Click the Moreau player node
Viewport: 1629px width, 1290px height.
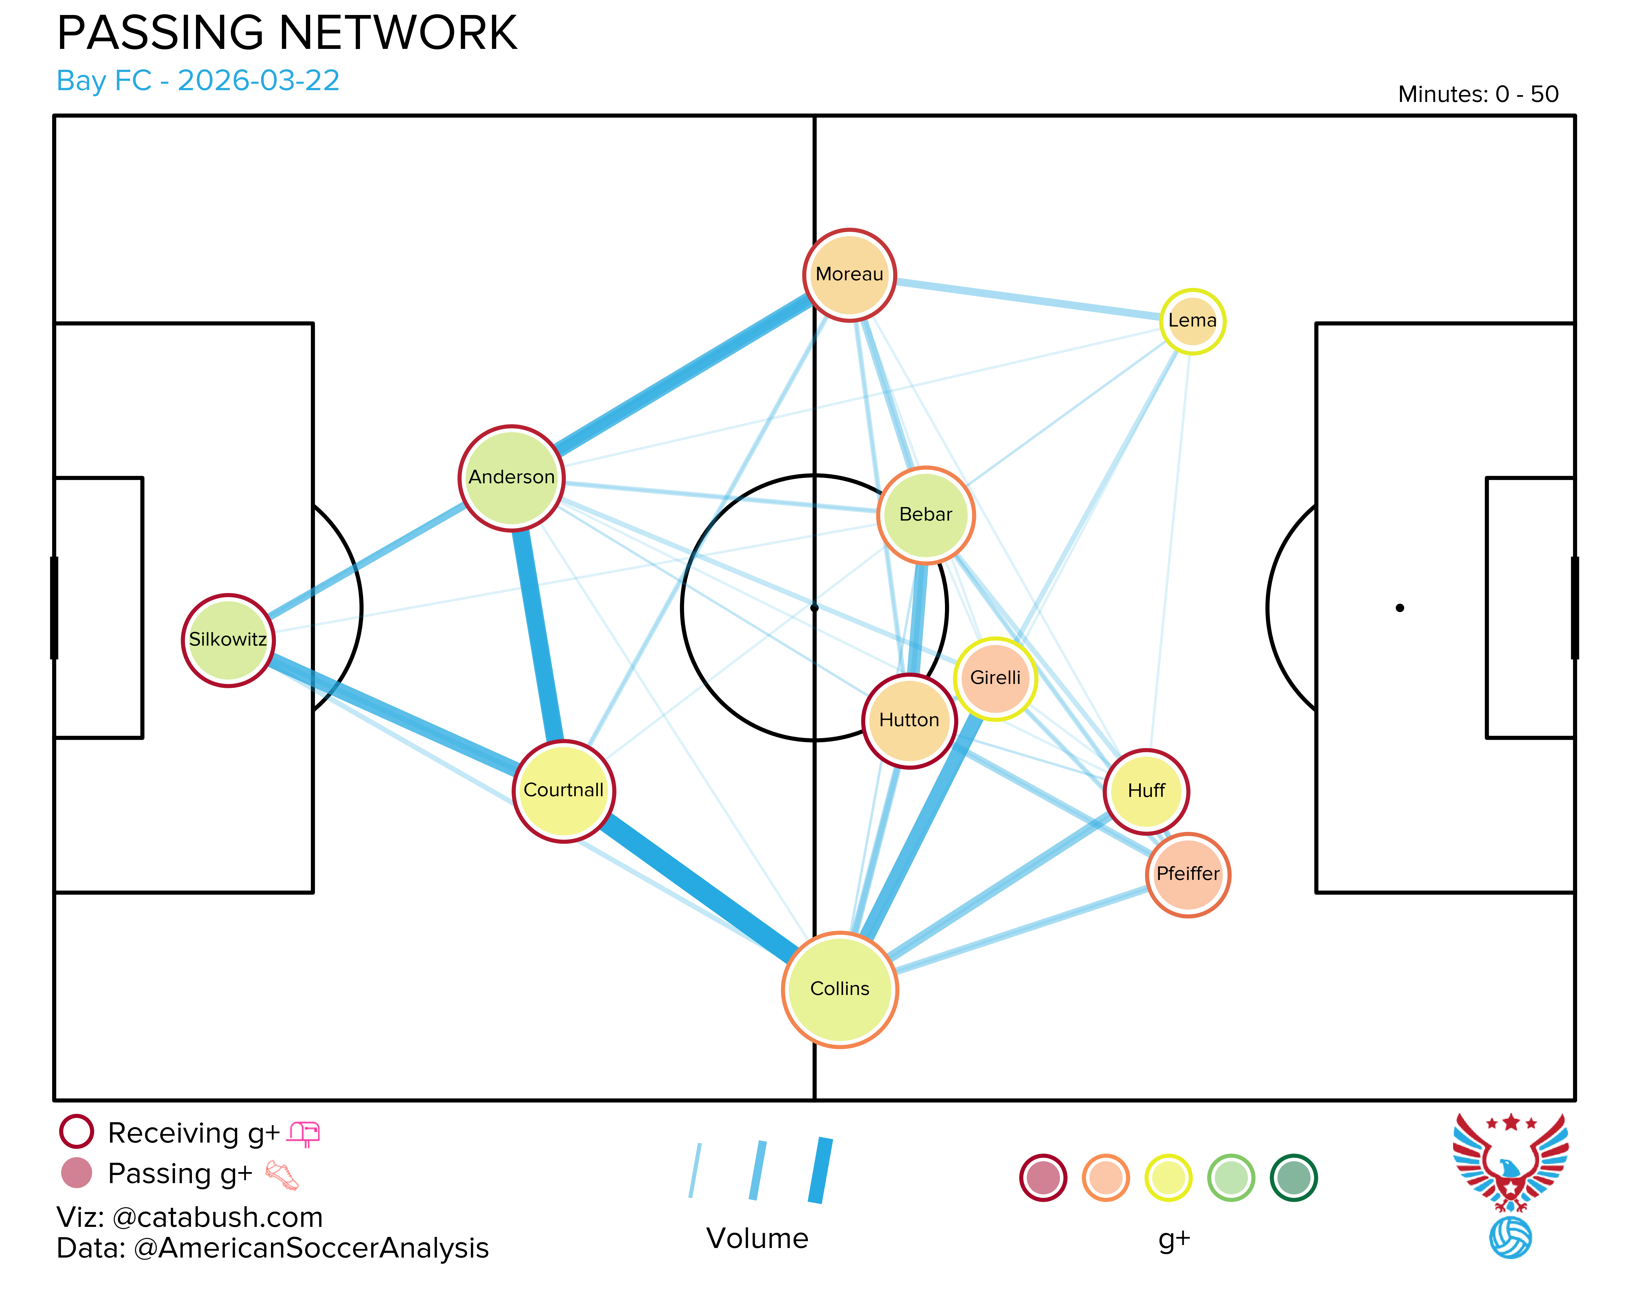pos(850,275)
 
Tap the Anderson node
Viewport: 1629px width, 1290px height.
pos(511,478)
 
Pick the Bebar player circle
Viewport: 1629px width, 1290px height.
pos(926,515)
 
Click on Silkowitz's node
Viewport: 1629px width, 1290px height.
pos(228,640)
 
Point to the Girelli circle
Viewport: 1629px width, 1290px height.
pos(995,678)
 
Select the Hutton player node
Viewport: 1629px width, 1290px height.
pos(909,721)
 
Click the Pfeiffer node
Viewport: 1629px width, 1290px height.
pos(1188,875)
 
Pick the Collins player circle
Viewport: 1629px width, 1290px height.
pos(840,989)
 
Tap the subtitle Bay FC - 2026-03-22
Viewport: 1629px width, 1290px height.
pos(198,81)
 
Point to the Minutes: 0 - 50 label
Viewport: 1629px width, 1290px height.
pos(1478,94)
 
